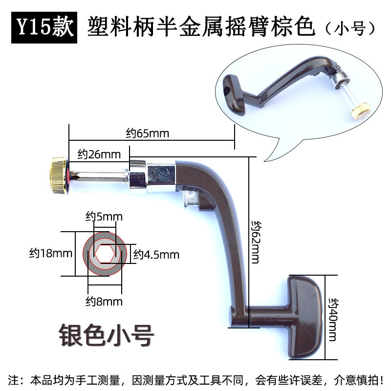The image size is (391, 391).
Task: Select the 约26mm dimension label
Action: click(99, 155)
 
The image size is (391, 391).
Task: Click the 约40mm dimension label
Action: click(332, 320)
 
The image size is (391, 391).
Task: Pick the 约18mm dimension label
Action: click(50, 253)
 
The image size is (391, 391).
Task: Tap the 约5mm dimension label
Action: click(104, 216)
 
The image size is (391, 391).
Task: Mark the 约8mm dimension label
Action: click(104, 301)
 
